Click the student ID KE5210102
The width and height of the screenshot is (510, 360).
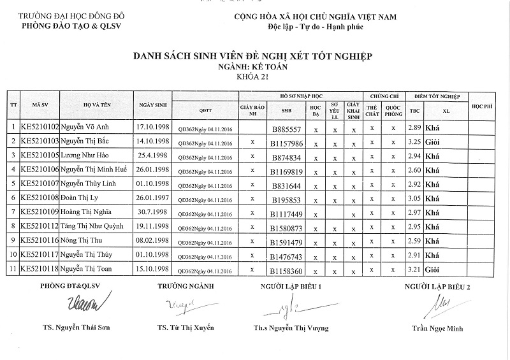pos(40,127)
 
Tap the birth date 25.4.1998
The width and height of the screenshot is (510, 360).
pos(153,155)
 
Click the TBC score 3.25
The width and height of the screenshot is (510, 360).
pos(415,141)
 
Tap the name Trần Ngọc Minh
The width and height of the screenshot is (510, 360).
pos(437,329)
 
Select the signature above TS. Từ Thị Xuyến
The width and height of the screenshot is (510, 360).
pos(180,306)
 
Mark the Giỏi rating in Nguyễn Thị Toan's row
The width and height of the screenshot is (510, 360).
pos(433,270)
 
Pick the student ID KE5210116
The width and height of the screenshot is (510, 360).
pos(40,241)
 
